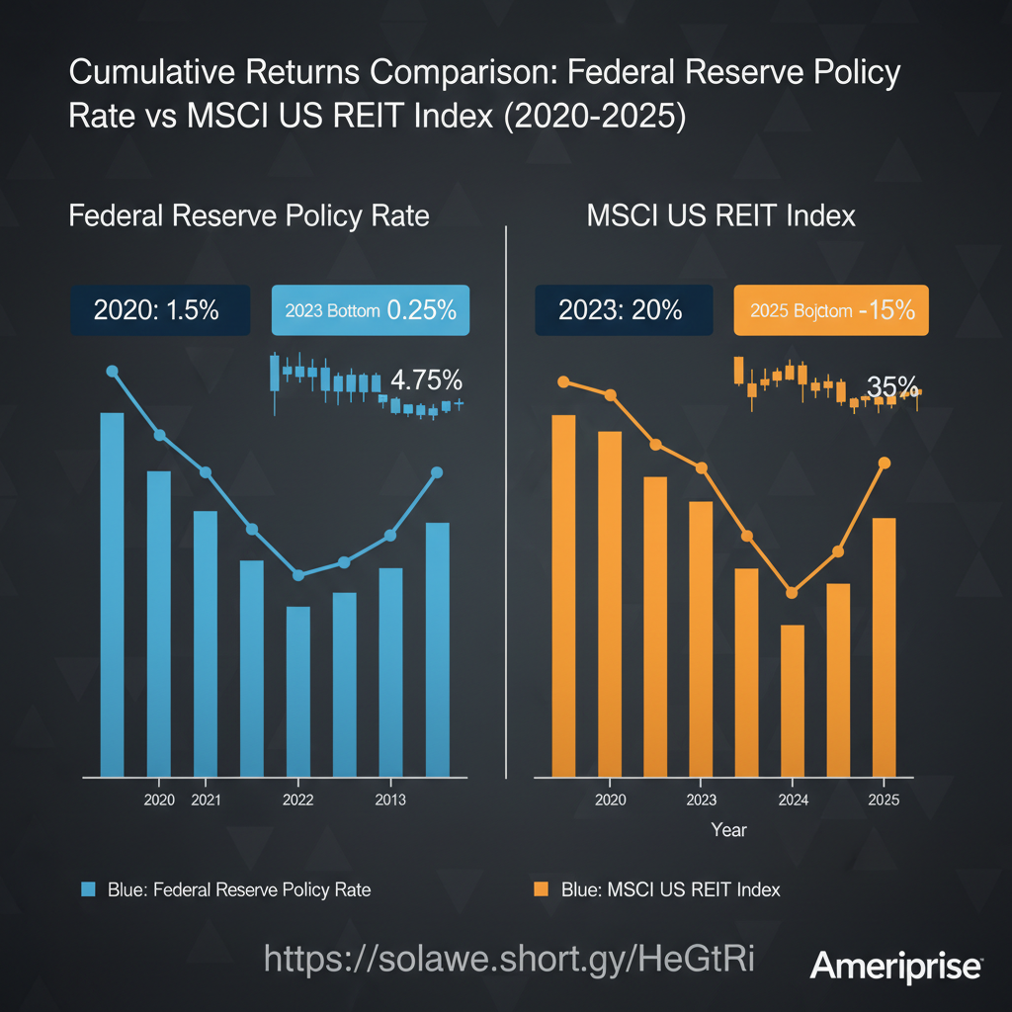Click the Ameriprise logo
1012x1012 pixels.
(x=896, y=966)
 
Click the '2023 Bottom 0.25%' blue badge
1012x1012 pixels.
(x=370, y=309)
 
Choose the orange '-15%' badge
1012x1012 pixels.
(x=830, y=309)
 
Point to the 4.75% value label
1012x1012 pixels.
(x=427, y=379)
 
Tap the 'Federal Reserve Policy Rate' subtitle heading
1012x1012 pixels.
(x=249, y=215)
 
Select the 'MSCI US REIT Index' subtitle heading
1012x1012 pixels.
(x=720, y=215)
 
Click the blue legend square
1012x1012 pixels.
(x=88, y=889)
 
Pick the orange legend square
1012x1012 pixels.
(x=540, y=889)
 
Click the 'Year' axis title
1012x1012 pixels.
(x=729, y=830)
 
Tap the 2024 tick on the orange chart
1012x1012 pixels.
(x=792, y=800)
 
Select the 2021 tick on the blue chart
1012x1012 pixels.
(x=205, y=800)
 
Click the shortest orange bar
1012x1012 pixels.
(x=792, y=701)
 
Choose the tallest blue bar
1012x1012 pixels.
(x=112, y=594)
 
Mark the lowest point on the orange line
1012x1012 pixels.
(x=792, y=593)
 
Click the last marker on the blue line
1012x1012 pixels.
(x=437, y=472)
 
